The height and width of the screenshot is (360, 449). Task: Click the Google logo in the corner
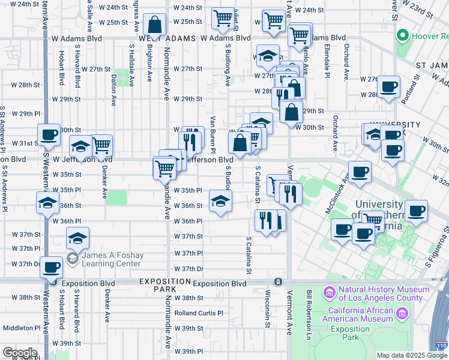point(20,353)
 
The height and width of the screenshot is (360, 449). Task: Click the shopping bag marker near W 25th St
point(154,25)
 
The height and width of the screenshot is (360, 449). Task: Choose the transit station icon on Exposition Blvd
point(278,282)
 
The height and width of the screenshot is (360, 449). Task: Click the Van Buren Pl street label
point(212,129)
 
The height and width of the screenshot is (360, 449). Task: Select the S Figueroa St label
point(436,246)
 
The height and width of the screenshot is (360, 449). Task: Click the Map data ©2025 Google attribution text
point(412,355)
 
